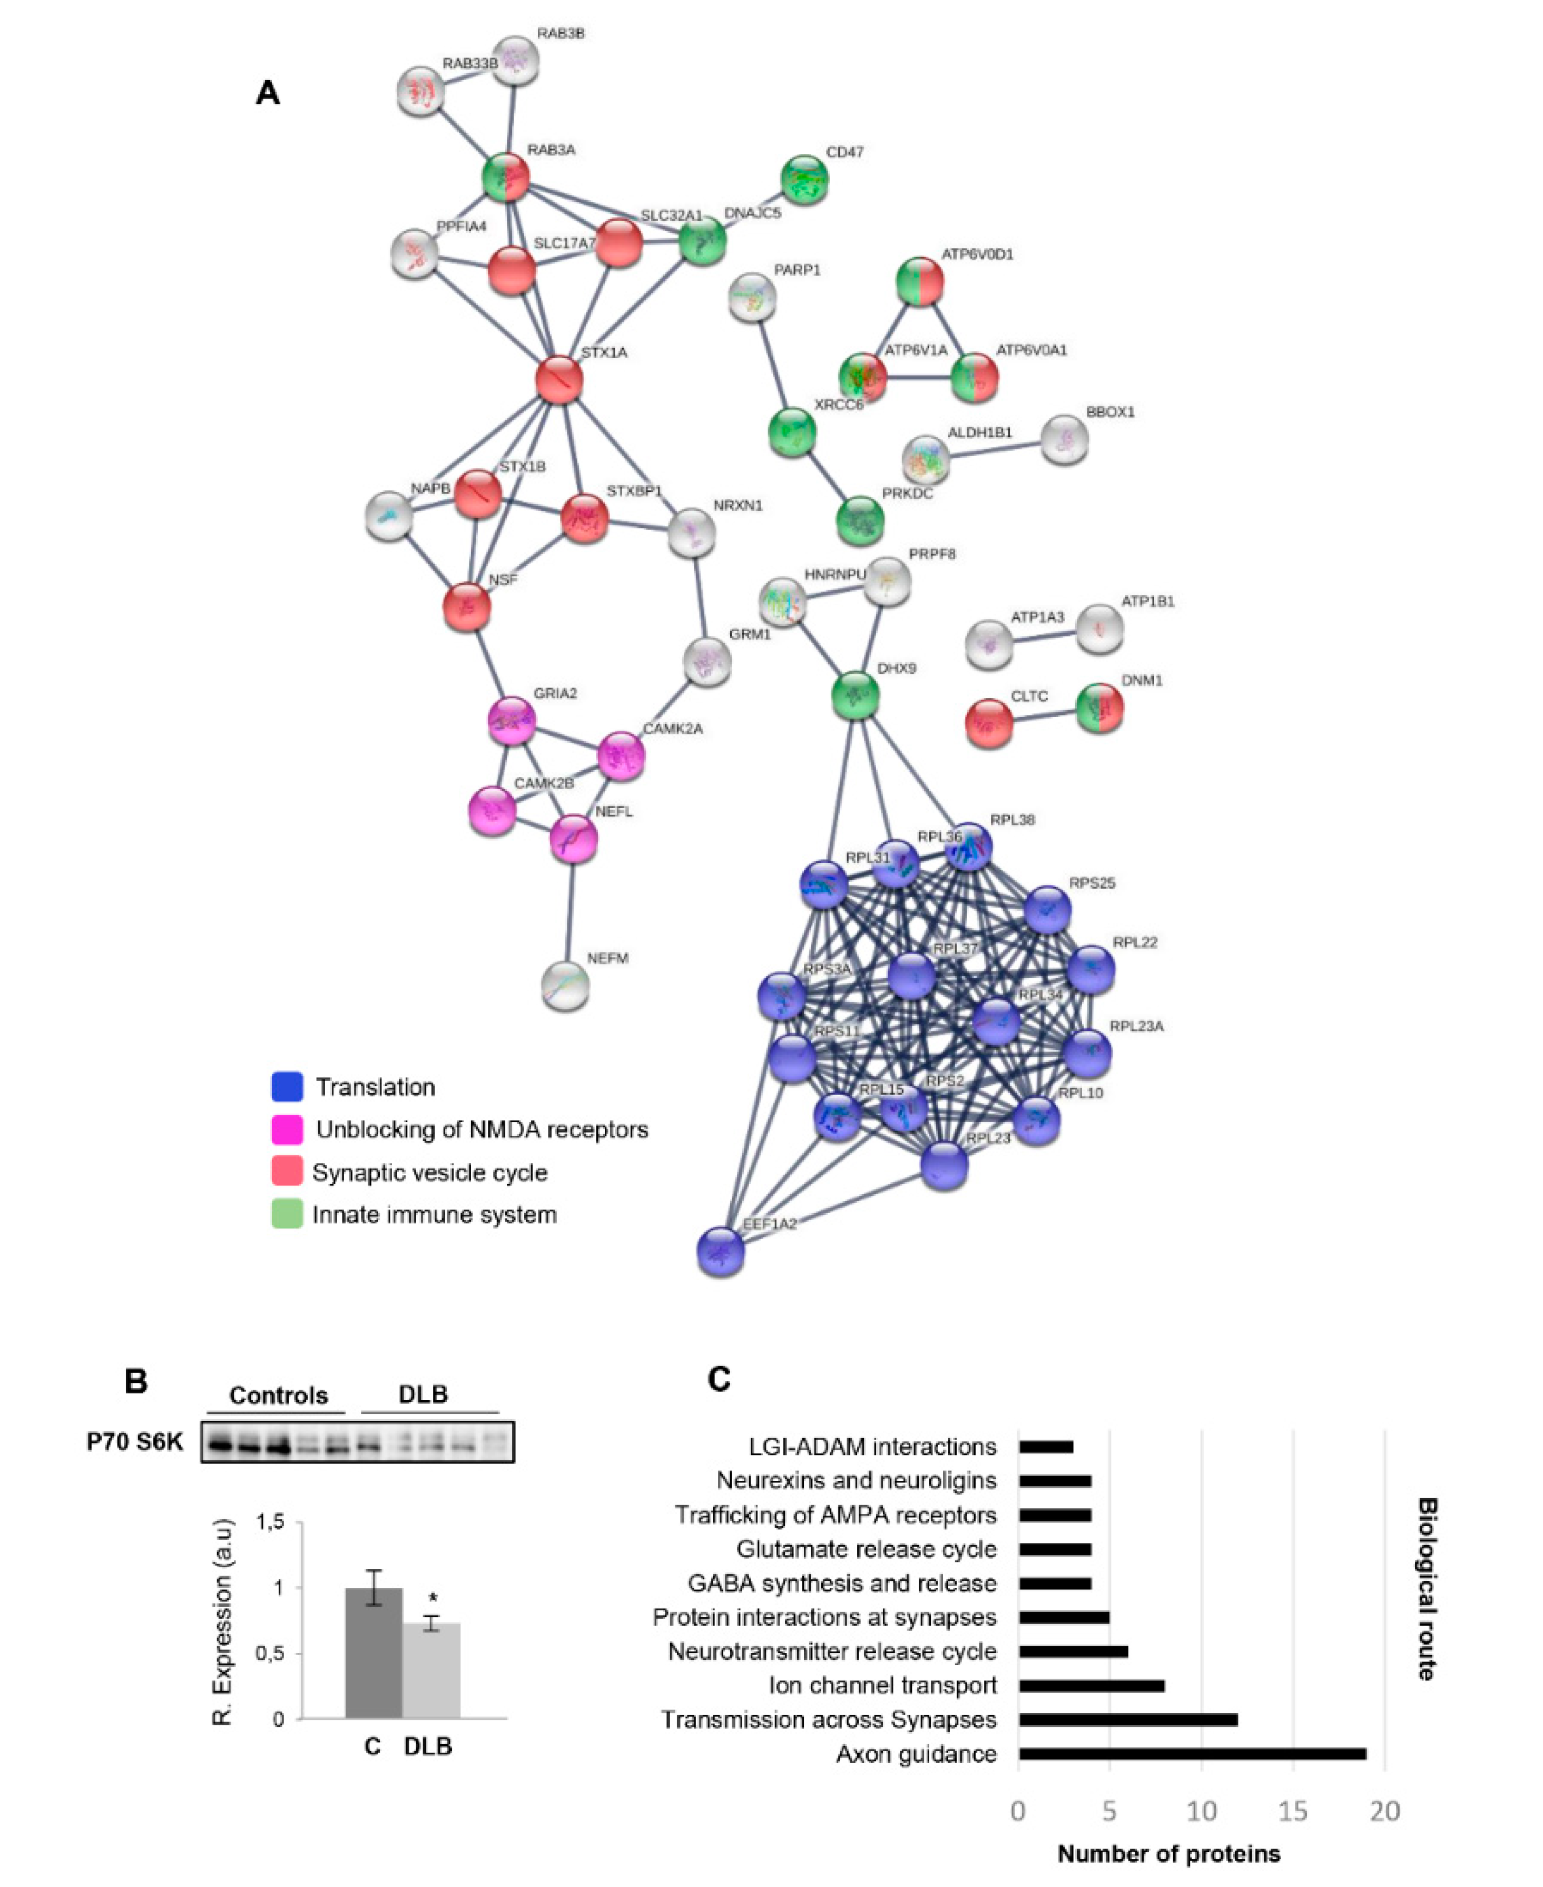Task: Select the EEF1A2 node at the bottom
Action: [x=721, y=1252]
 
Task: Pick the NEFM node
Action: [x=565, y=986]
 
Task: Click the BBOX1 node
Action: [x=1064, y=440]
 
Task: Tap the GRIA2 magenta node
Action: [x=512, y=722]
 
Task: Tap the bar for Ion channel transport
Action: [x=1092, y=1685]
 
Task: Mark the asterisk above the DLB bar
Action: [x=433, y=1597]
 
